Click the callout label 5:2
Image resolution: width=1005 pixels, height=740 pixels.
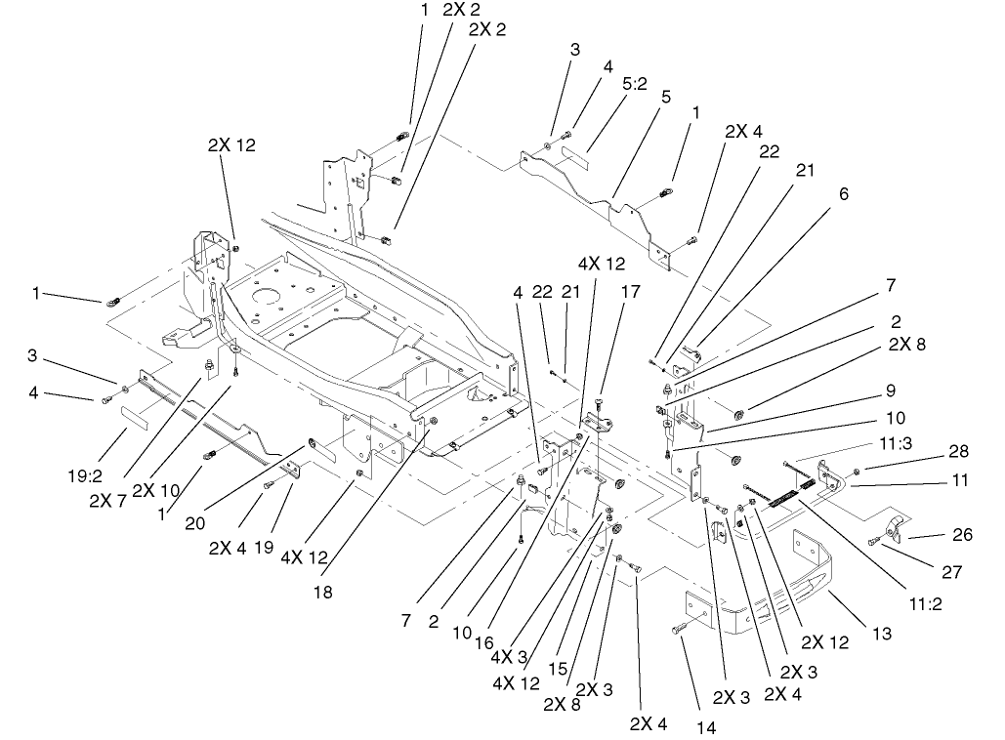(x=635, y=85)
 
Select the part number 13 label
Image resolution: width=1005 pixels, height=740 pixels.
(x=882, y=634)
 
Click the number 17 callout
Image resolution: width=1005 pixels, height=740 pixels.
(x=629, y=290)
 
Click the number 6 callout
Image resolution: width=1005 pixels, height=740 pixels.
(x=844, y=194)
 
